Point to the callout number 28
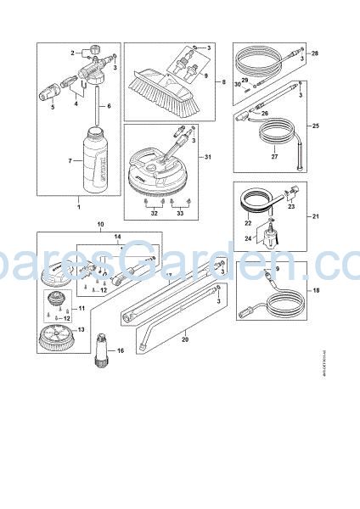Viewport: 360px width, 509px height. [315, 53]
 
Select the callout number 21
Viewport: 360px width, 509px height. [316, 217]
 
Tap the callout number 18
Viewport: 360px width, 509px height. [316, 290]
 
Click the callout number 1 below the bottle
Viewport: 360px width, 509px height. [77, 207]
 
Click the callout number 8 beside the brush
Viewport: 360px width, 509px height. [222, 82]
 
